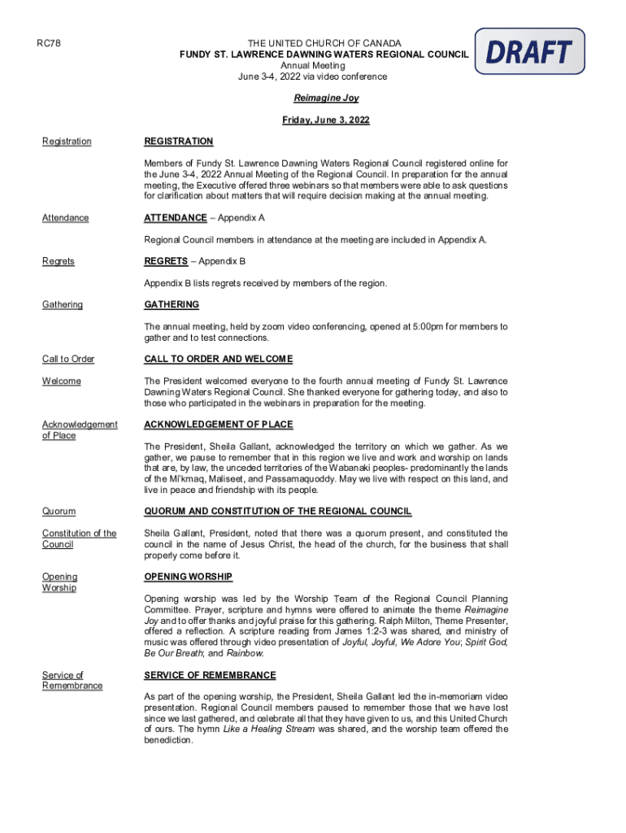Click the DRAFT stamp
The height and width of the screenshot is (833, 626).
[529, 51]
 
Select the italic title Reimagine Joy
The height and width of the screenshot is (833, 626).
[326, 98]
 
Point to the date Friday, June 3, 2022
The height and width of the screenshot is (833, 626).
[326, 120]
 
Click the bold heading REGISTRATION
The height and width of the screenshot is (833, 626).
[178, 142]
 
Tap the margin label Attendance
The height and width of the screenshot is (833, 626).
[66, 218]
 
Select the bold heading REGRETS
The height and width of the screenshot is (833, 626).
[167, 261]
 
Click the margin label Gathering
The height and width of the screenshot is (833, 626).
[63, 304]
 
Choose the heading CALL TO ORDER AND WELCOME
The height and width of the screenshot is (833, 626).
[218, 359]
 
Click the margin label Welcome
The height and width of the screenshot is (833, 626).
[62, 381]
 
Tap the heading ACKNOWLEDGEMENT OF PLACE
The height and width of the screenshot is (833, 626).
[218, 425]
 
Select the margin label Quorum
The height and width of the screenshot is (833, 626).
[59, 511]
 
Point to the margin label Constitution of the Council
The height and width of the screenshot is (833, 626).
[79, 539]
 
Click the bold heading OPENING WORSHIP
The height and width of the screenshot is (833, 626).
[188, 577]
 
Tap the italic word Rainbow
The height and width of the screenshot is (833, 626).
[244, 653]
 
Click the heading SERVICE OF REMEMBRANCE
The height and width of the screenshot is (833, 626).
[210, 675]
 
